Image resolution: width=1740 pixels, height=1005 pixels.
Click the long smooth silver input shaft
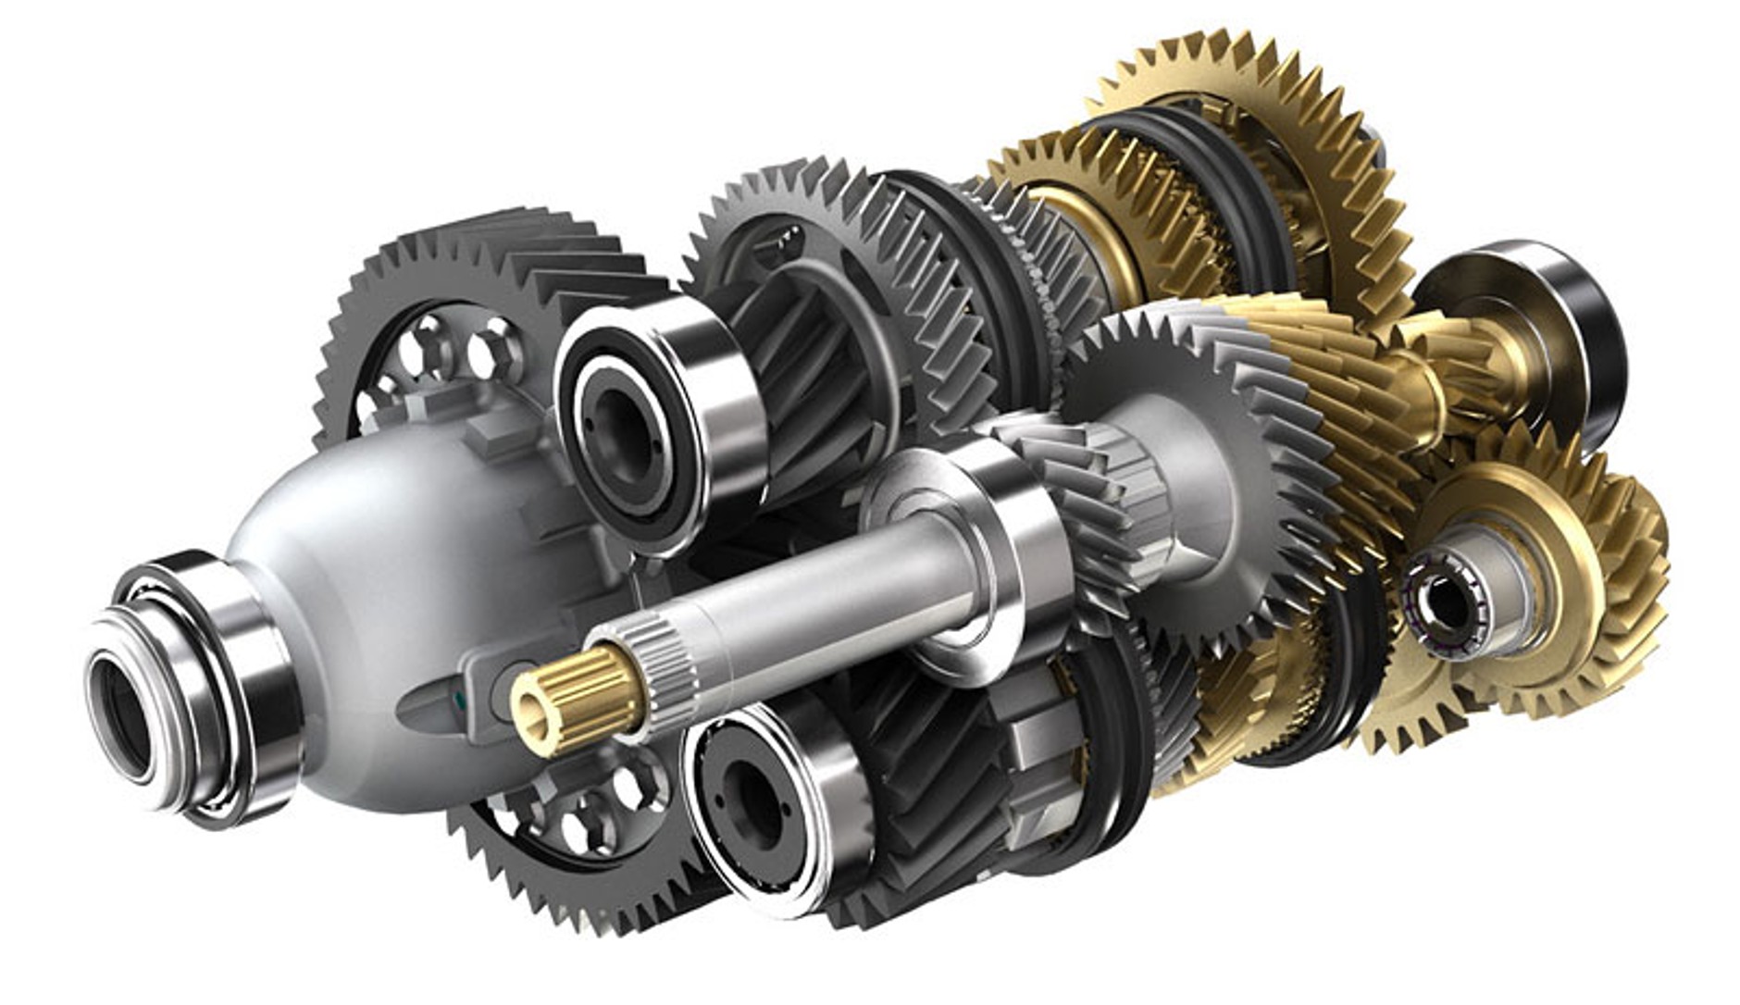[814, 583]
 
